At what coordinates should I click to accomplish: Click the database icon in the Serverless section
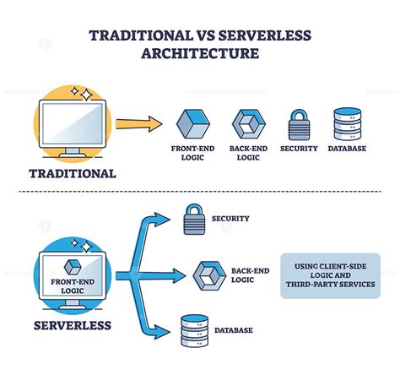click(x=195, y=329)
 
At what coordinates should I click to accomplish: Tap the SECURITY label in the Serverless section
click(x=231, y=219)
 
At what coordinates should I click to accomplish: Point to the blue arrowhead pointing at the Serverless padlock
click(x=166, y=219)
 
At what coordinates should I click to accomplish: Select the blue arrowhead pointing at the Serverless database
click(x=166, y=329)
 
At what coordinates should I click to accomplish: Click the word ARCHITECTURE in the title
click(x=200, y=55)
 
